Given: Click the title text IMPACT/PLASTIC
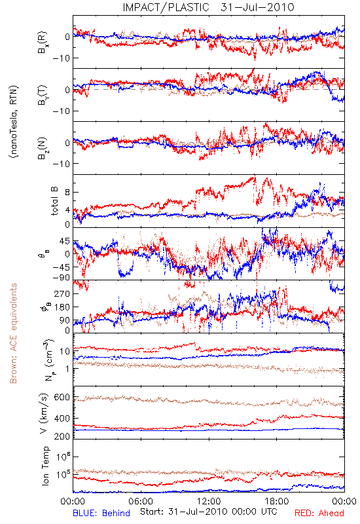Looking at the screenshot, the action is coord(166,7).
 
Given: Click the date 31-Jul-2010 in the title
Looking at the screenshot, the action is coord(257,7).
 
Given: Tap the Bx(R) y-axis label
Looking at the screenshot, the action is coord(43,43).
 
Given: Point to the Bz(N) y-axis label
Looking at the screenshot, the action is coord(43,148).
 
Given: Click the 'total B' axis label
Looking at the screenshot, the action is coord(54,201).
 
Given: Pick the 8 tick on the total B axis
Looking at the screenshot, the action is coord(67,193).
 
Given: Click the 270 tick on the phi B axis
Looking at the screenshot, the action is coord(63,293).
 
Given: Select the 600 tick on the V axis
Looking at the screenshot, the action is coord(62,398).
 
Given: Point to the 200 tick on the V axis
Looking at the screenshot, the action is coord(62,436).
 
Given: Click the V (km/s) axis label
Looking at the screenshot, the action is coord(44,413).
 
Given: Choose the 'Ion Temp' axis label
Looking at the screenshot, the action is coord(45,466).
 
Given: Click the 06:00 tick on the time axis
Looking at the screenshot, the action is coord(141,501).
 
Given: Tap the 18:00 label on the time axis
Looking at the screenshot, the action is coord(277,501).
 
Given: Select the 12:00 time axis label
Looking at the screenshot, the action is coord(209,501).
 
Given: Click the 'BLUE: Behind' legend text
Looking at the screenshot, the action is coord(101,513).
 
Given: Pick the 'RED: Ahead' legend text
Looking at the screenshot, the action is coord(319,513).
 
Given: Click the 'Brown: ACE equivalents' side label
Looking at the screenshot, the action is coord(13,333).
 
